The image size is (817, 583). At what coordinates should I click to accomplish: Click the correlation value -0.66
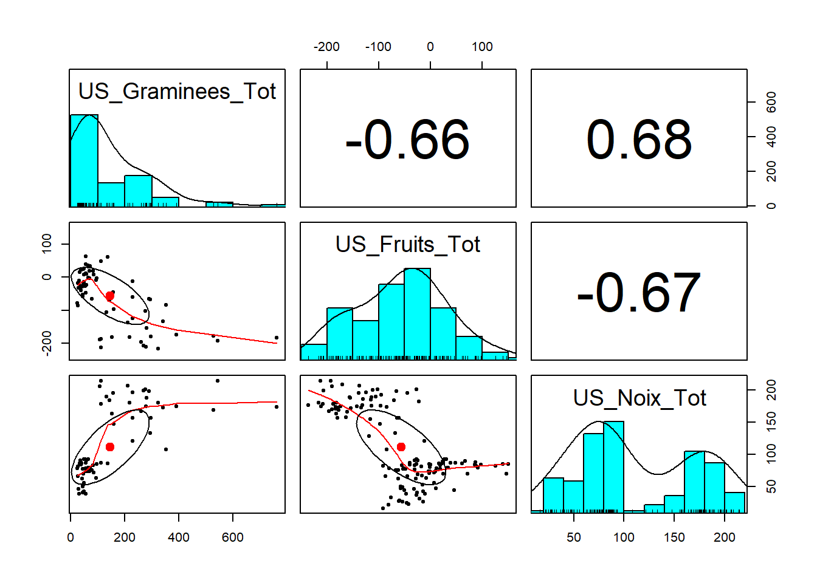pyautogui.click(x=407, y=140)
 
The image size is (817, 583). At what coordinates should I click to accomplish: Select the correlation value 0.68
pyautogui.click(x=638, y=140)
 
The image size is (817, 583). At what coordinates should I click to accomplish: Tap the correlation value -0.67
pyautogui.click(x=638, y=293)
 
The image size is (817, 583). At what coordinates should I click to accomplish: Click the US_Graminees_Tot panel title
pyautogui.click(x=177, y=91)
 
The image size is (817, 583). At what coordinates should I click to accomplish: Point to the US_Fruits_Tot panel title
pyautogui.click(x=407, y=244)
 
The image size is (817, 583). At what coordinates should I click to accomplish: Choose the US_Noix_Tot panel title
pyautogui.click(x=639, y=398)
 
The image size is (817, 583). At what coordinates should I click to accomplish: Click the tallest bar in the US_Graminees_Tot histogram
pyautogui.click(x=84, y=160)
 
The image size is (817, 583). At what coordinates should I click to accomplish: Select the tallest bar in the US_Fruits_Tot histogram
pyautogui.click(x=417, y=313)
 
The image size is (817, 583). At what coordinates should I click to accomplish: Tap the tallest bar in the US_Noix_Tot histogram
pyautogui.click(x=613, y=466)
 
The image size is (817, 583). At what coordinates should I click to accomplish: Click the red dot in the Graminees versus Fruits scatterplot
pyautogui.click(x=110, y=296)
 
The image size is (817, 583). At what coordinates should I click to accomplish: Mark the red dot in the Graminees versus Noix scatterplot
pyautogui.click(x=110, y=447)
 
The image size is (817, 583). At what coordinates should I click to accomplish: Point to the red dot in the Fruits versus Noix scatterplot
pyautogui.click(x=401, y=447)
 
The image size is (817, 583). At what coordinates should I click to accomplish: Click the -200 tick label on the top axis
pyautogui.click(x=326, y=47)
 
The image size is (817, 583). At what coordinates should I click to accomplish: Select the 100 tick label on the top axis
pyautogui.click(x=482, y=47)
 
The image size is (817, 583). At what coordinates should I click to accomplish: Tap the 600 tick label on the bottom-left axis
pyautogui.click(x=233, y=537)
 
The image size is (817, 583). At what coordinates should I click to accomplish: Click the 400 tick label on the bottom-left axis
pyautogui.click(x=179, y=537)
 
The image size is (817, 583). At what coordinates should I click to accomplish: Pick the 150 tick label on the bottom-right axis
pyautogui.click(x=674, y=537)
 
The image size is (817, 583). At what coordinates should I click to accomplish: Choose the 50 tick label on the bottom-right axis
pyautogui.click(x=574, y=537)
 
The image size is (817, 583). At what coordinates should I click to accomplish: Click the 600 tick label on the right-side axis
pyautogui.click(x=771, y=102)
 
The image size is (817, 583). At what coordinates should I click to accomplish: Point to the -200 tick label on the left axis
pyautogui.click(x=47, y=343)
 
